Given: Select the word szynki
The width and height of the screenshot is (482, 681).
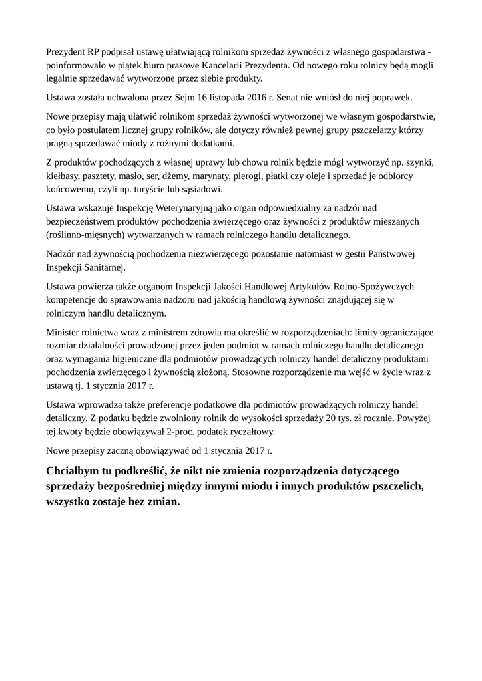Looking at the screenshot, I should [418, 162].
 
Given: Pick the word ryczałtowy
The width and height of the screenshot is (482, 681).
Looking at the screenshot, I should [247, 430].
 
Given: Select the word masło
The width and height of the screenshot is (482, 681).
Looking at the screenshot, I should [169, 176].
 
